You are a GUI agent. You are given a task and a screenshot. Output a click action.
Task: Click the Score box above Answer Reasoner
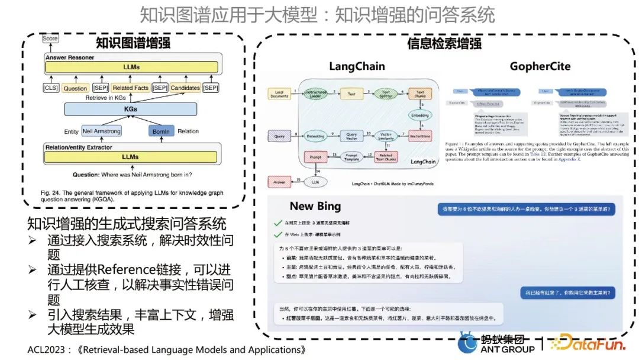click(x=50, y=38)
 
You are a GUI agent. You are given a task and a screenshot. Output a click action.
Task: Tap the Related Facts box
click(x=131, y=88)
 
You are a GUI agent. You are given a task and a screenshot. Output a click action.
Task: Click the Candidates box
click(x=186, y=88)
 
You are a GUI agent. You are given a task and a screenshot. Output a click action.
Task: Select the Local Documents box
click(x=280, y=94)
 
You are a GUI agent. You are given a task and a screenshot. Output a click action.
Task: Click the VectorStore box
click(x=419, y=136)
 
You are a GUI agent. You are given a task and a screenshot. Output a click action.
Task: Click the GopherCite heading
click(x=540, y=66)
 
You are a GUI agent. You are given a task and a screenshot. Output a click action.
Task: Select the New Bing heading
click(x=315, y=206)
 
